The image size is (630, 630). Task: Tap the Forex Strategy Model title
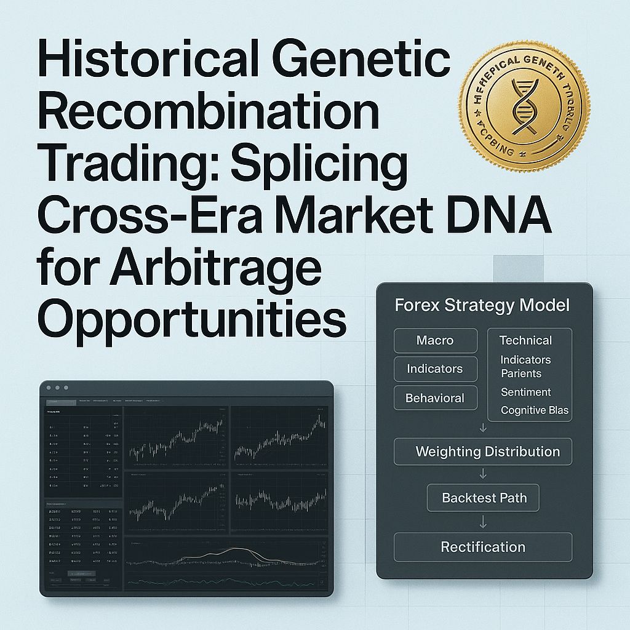pos(482,305)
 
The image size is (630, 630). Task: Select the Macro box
pos(435,340)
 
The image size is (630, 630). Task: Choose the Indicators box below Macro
pos(435,369)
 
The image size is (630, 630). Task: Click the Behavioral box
pos(435,398)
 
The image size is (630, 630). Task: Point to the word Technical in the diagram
pos(525,340)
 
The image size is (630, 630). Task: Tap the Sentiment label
pos(525,392)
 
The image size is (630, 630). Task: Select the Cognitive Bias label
pos(534,410)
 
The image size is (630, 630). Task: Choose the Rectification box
pos(483,547)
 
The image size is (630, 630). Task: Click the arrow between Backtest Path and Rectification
pos(483,522)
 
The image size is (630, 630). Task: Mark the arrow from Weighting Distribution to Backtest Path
pos(483,474)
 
